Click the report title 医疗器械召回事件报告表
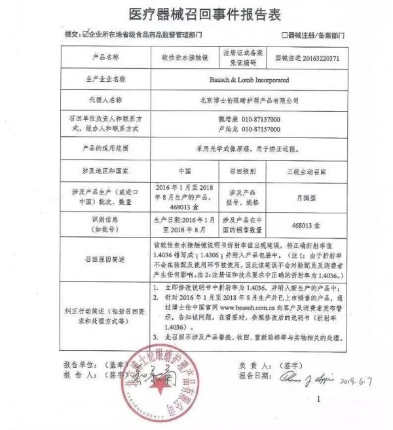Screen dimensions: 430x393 (196, 14)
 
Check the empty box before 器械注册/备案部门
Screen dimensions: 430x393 (284, 33)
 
